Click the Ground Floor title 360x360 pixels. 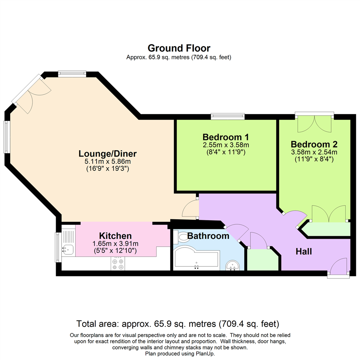coord(179,48)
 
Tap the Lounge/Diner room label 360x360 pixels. coord(108,154)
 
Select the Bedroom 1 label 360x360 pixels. coord(226,137)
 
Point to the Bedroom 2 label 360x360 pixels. coord(314,144)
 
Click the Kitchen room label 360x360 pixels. coord(115,236)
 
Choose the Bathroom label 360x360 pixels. coord(208,236)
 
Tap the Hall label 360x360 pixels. coord(304,252)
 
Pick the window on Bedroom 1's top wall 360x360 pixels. coord(228,116)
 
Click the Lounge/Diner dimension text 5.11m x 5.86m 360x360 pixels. coord(108,162)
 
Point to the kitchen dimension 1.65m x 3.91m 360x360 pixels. coord(115,244)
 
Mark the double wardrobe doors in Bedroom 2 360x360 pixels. coord(329,214)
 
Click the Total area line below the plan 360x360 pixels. coord(178,324)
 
